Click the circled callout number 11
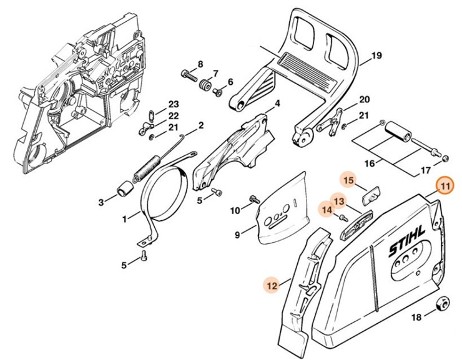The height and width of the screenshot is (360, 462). [x=445, y=187]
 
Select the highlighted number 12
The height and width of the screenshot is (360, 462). [x=271, y=285]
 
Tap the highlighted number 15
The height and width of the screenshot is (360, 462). [x=348, y=181]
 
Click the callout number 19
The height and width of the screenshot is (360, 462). [x=376, y=57]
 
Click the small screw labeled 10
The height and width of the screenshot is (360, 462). [x=254, y=200]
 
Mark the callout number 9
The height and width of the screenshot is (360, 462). [x=238, y=235]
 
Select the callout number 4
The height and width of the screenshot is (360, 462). [x=277, y=103]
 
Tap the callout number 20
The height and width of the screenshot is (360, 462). [x=365, y=99]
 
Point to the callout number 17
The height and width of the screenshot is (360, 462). [x=425, y=170]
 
